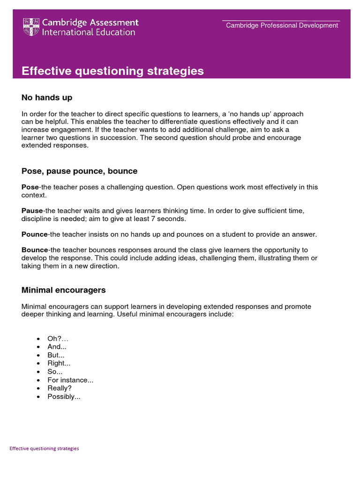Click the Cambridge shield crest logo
click(31, 27)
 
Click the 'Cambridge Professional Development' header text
click(282, 25)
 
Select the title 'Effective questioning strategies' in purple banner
click(112, 71)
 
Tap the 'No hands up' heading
click(47, 97)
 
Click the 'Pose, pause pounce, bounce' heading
click(79, 171)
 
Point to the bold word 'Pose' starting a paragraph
click(30, 187)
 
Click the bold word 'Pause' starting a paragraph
click(32, 211)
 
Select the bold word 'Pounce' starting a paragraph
click(34, 234)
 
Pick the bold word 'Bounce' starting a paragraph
click(34, 250)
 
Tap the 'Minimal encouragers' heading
click(63, 290)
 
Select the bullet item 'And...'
click(57, 346)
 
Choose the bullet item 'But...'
click(56, 355)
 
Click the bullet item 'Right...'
click(59, 363)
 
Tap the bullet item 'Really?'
click(60, 388)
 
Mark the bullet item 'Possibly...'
click(64, 397)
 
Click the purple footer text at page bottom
click(44, 448)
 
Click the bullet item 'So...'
click(55, 371)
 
